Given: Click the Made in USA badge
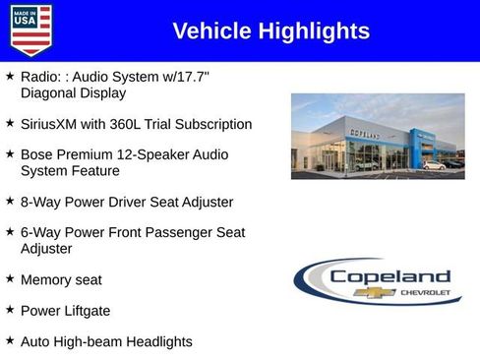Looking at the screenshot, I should (30, 30).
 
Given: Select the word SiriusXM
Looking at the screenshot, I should (52, 125).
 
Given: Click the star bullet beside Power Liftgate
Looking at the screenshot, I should (10, 310).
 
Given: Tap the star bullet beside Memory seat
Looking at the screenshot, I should (10, 279).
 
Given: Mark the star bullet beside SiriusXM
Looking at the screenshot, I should (10, 124).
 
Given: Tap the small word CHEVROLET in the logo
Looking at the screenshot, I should (425, 293).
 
